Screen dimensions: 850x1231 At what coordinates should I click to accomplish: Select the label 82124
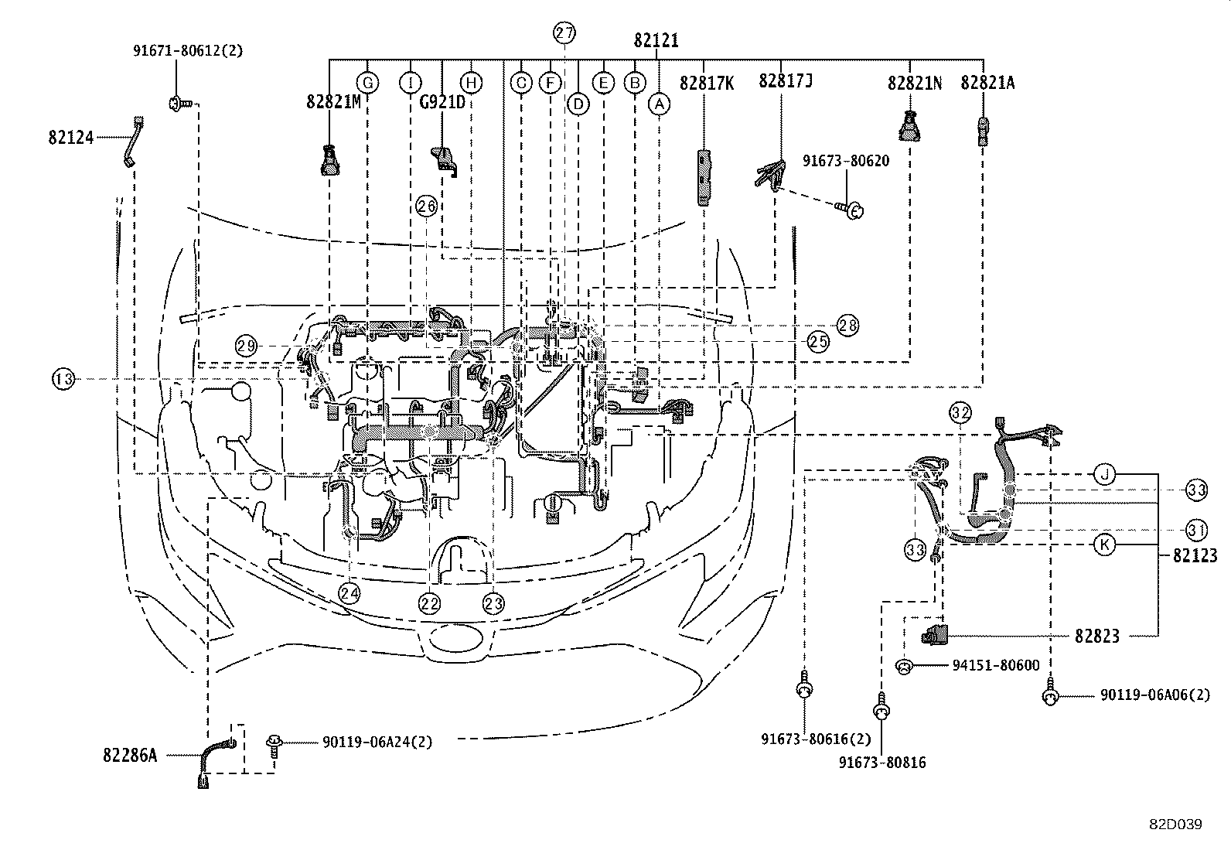(70, 138)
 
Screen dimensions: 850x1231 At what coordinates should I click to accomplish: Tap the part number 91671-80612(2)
(186, 51)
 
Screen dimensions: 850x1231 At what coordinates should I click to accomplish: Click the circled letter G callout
(368, 82)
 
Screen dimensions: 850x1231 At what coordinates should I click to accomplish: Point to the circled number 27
(564, 32)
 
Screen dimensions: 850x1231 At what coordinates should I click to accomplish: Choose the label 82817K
(707, 82)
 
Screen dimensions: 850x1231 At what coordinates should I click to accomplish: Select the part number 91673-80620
(845, 161)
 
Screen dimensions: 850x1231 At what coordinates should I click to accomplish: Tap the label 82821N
(915, 82)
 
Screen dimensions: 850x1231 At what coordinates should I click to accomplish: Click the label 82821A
(987, 82)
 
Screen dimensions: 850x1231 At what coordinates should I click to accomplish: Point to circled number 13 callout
(64, 379)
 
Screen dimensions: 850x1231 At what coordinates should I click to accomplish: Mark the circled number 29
(247, 346)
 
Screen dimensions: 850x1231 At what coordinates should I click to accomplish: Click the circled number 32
(960, 412)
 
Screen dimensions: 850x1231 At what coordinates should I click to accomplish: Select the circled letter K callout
(1105, 544)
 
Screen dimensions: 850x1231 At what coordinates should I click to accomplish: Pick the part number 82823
(1096, 636)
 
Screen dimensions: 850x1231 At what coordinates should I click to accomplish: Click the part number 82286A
(129, 755)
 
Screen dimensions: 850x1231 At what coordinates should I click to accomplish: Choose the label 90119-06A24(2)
(377, 742)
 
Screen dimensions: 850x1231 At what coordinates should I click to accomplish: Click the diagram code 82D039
(1174, 824)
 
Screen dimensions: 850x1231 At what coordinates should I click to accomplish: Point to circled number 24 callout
(350, 592)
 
